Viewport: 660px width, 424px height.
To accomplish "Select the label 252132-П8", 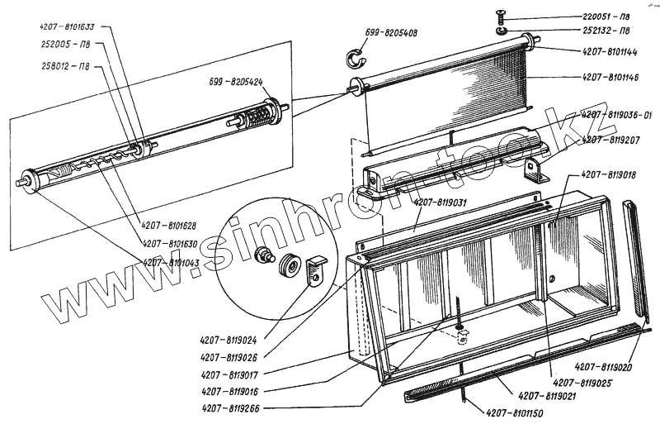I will [x=606, y=31].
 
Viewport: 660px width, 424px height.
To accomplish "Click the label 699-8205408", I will [x=390, y=34].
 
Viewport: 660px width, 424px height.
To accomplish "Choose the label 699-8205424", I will [x=235, y=83].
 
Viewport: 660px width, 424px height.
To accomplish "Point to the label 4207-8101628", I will [x=169, y=225].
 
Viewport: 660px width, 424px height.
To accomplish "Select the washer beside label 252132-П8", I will [x=502, y=31].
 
